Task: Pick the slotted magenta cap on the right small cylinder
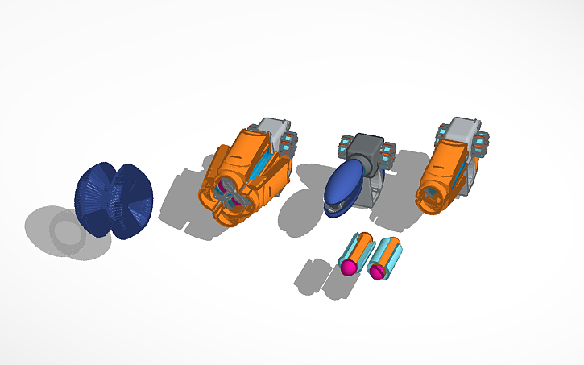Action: [x=379, y=272]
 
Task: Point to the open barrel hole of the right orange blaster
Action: [x=433, y=193]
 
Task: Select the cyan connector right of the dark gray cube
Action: [x=390, y=153]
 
